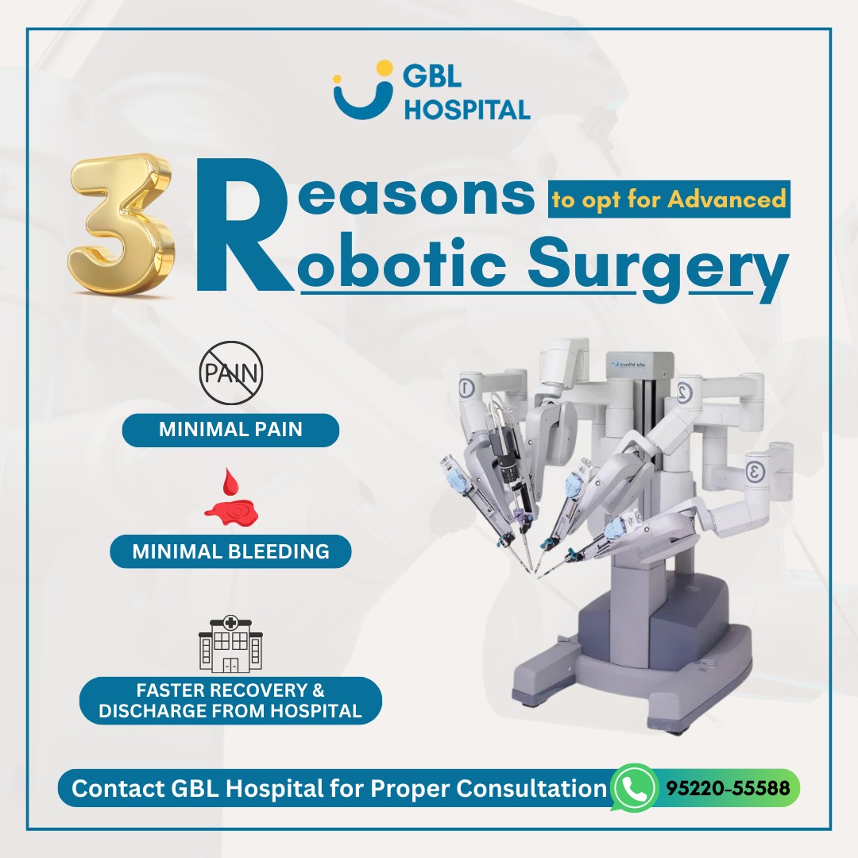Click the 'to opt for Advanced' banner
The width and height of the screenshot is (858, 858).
[669, 199]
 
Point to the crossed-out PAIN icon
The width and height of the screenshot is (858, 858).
[231, 373]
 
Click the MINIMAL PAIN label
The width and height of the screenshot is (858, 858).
[230, 430]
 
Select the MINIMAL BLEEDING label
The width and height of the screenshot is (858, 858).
[230, 551]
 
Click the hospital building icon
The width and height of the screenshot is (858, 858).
[230, 644]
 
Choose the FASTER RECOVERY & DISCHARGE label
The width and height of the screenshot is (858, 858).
[230, 701]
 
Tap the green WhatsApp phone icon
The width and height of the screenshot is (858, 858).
[634, 788]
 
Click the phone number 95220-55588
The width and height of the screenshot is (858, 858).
[728, 788]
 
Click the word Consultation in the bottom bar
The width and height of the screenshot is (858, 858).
[531, 789]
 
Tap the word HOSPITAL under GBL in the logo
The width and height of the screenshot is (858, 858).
[467, 110]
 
